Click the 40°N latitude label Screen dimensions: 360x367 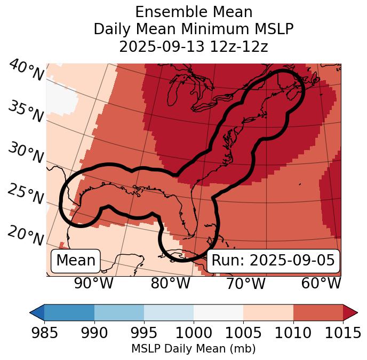(x=26, y=71)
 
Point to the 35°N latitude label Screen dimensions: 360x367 (x=26, y=112)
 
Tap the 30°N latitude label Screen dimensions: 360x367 (x=26, y=153)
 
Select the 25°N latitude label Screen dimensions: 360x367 (x=26, y=194)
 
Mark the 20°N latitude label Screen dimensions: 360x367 (x=26, y=235)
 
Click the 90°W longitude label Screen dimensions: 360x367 (x=94, y=284)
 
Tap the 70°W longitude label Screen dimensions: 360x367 (x=245, y=284)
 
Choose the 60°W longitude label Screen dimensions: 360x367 (x=321, y=284)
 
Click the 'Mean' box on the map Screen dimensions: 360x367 (x=76, y=261)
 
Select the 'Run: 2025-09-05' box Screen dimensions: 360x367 (x=273, y=261)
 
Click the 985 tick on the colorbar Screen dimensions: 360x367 (x=44, y=333)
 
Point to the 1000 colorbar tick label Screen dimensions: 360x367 (x=194, y=333)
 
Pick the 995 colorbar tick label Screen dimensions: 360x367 (x=144, y=333)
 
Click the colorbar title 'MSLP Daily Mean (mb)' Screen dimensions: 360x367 (x=194, y=349)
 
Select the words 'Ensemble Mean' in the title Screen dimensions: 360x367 (x=194, y=12)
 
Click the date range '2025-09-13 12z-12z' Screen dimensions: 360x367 (x=194, y=46)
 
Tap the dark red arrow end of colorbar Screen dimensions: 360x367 (x=350, y=312)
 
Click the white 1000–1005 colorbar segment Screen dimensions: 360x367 (x=218, y=312)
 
